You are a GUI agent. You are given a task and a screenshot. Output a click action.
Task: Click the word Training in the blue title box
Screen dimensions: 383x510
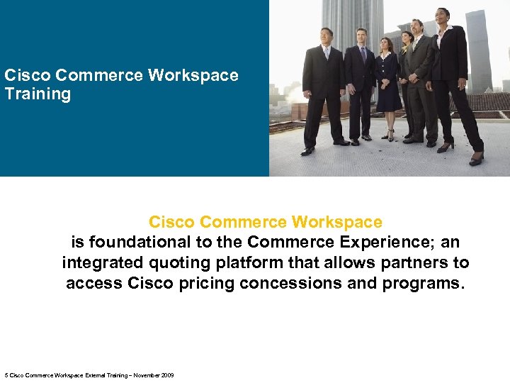pos(38,94)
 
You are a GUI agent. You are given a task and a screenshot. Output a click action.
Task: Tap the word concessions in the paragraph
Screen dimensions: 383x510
pos(291,284)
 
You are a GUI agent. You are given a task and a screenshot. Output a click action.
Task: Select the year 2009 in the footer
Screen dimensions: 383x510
pos(168,375)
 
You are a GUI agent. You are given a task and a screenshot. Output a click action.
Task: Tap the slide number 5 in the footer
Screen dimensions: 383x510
pos(6,375)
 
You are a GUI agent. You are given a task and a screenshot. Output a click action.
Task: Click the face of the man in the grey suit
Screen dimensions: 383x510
pos(417,29)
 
